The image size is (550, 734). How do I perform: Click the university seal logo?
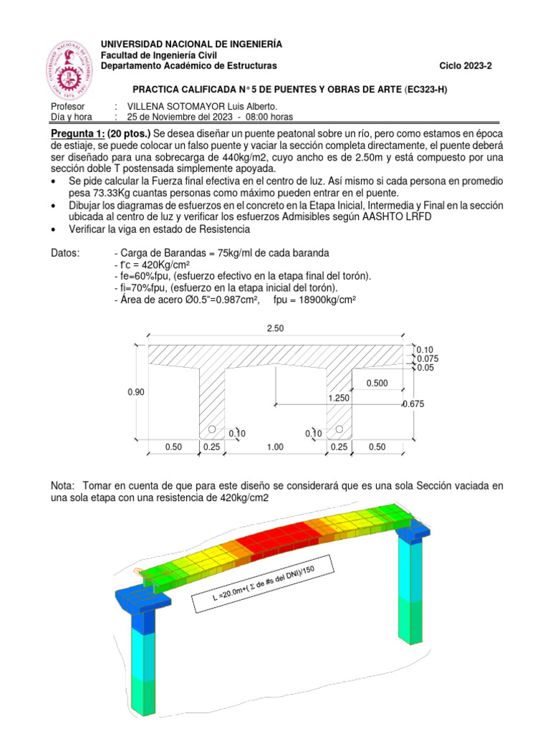click(69, 70)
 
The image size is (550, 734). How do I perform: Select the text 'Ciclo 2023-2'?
click(466, 67)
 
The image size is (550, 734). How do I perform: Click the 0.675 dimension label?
click(414, 404)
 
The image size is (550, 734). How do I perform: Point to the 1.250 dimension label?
click(339, 397)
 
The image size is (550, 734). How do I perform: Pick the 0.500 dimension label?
click(377, 383)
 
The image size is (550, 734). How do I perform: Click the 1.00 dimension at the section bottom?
click(275, 447)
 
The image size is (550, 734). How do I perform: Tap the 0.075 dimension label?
click(428, 358)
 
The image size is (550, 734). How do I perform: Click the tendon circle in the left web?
click(212, 429)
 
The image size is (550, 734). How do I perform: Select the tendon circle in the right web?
click(339, 429)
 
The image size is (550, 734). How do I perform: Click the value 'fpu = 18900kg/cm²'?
click(314, 300)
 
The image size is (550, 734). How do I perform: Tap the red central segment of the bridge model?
click(271, 545)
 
